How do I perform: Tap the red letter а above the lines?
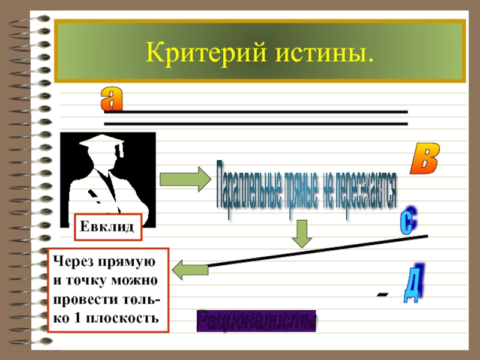click(111, 98)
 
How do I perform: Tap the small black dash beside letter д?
click(382, 294)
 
